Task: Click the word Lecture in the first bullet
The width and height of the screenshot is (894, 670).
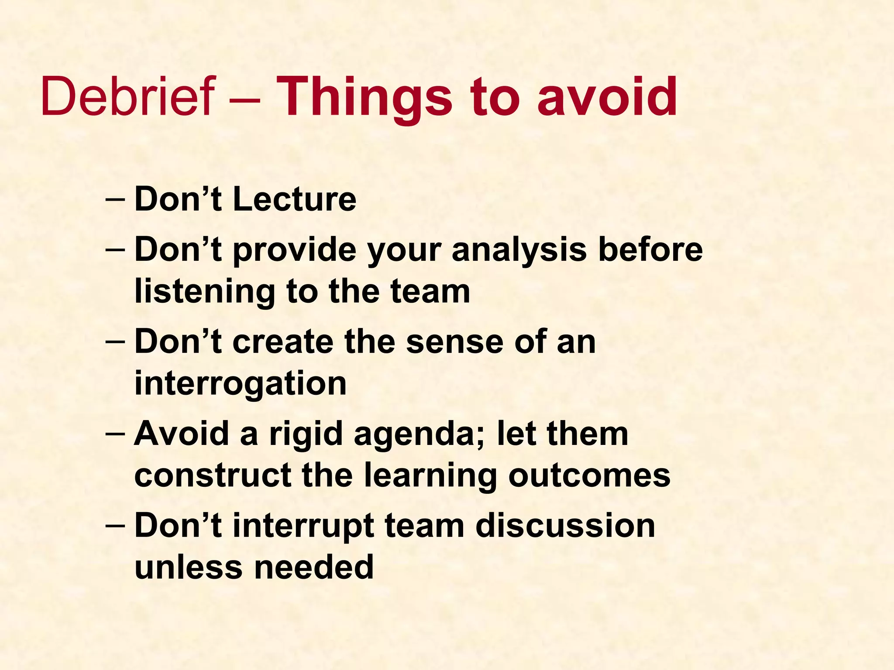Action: [295, 199]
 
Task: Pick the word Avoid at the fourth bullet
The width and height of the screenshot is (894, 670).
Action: [182, 434]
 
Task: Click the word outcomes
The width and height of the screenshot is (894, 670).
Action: [589, 475]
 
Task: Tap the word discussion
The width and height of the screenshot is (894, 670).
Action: [565, 525]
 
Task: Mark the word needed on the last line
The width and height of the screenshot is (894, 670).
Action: [314, 567]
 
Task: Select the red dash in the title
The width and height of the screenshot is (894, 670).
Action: [245, 99]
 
